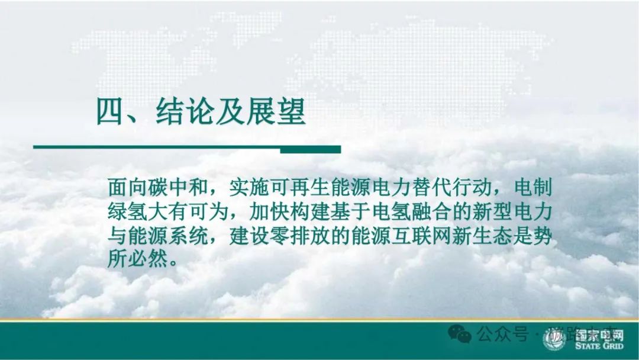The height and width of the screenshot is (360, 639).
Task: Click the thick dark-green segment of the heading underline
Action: click(310, 149)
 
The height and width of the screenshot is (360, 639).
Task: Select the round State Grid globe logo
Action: click(555, 339)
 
